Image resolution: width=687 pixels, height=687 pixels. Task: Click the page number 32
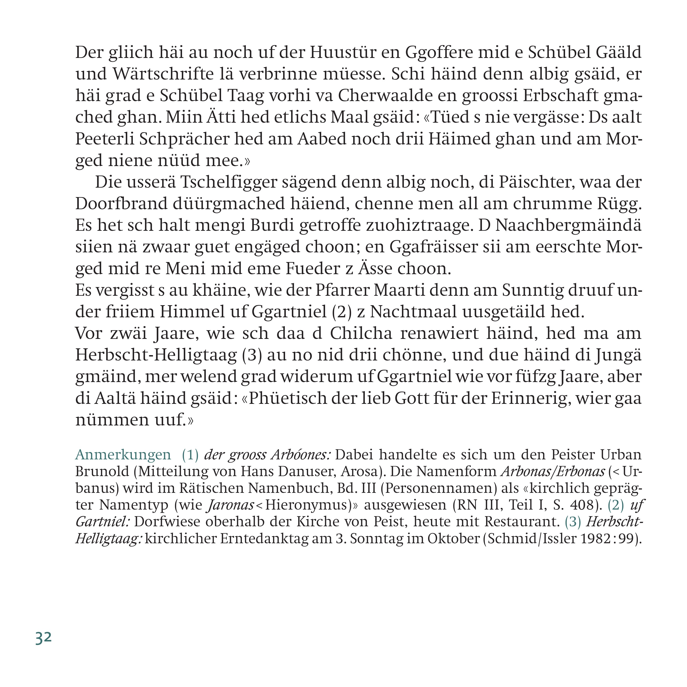pos(44,637)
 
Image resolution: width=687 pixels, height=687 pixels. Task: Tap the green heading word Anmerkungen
pos(123,455)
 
